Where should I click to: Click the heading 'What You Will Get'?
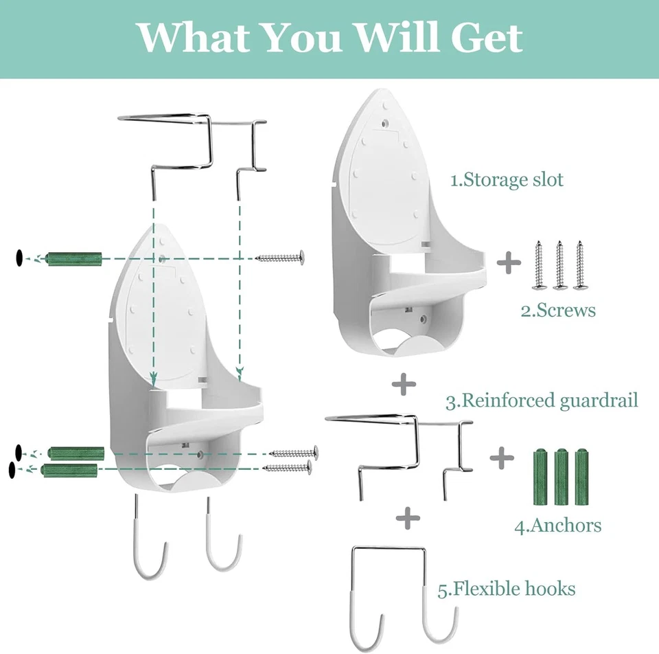pos(330,38)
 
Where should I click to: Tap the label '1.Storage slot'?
pos(507,181)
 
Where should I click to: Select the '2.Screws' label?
pos(558,311)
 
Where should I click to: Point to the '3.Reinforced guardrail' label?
pos(542,401)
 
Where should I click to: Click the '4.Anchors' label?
pos(558,526)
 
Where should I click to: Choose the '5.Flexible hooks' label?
pos(507,589)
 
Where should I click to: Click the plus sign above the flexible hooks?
pos(408,517)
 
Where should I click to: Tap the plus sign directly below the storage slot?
pos(405,385)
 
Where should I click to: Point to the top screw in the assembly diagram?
pos(279,258)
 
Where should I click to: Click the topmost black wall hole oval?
pos(18,258)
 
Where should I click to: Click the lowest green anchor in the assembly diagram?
pos(71,470)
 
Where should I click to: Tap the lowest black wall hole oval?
pos(12,470)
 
